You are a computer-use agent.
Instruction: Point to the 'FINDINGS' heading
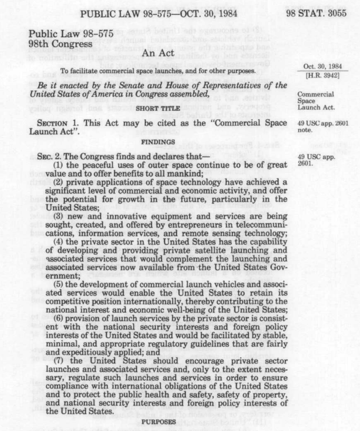point(158,141)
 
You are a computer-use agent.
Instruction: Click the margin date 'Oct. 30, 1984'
point(317,67)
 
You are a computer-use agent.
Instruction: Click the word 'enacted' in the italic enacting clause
point(67,86)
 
